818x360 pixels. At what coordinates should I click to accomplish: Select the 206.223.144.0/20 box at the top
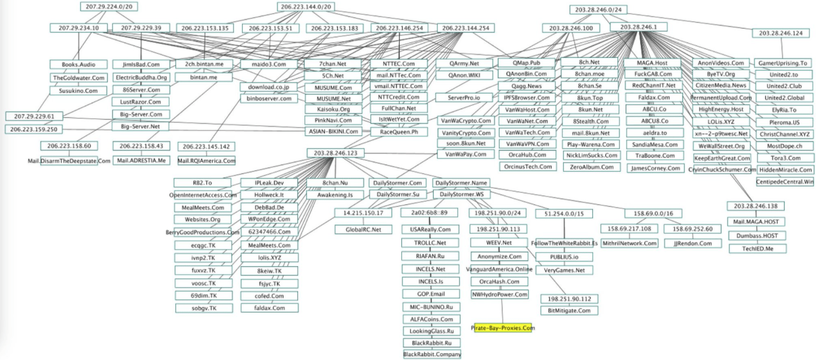coord(307,7)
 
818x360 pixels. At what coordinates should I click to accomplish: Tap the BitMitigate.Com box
coord(569,310)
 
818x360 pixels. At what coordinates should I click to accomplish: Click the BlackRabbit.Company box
coord(432,354)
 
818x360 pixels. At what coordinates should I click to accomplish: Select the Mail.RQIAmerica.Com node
coord(206,161)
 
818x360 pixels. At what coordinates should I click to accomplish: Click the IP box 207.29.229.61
coord(35,116)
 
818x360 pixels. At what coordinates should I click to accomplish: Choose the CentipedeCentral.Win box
coord(785,181)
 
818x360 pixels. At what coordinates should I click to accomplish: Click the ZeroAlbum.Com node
coord(590,167)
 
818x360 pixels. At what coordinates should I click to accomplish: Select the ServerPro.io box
coord(464,98)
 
